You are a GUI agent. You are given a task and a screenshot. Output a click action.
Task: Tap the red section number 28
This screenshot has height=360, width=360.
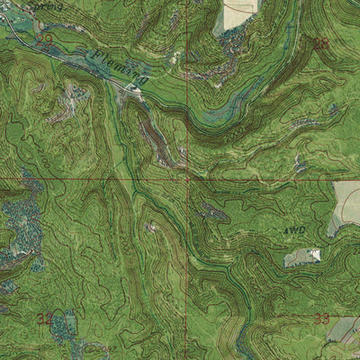321,42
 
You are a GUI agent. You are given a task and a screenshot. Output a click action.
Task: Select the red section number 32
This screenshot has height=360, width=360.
45,318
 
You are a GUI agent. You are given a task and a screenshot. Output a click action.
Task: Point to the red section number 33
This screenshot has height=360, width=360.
321,319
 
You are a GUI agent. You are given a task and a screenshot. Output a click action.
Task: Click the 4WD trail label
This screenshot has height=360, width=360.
294,231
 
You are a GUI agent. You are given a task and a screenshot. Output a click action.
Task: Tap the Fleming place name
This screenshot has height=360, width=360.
112,64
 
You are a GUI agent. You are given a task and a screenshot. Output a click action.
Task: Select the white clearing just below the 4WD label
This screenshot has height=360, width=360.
303,257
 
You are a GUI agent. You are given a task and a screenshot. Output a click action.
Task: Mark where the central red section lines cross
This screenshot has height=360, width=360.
187,178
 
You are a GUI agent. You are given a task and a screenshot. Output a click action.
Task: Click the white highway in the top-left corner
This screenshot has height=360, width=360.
7,18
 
